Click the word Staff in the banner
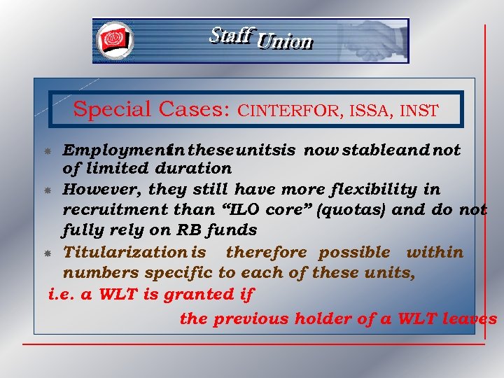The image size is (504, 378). tap(229, 35)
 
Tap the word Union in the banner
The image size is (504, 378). tap(284, 42)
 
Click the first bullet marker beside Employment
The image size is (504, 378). tap(52, 150)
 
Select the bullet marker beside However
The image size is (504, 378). tap(52, 190)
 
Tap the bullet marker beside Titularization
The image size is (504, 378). tap(52, 253)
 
